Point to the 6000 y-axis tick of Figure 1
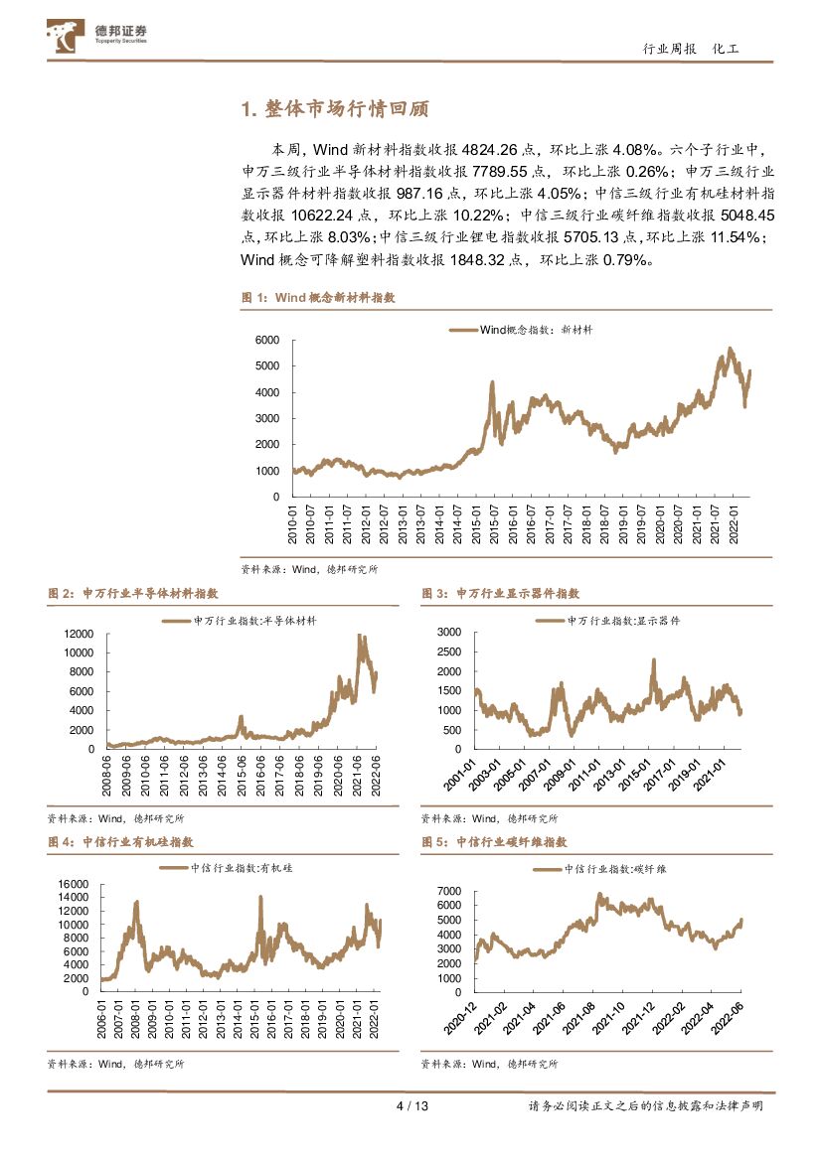(267, 340)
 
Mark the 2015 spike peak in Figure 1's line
(492, 382)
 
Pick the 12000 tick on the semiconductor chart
(79, 634)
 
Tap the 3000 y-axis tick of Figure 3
(449, 632)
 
